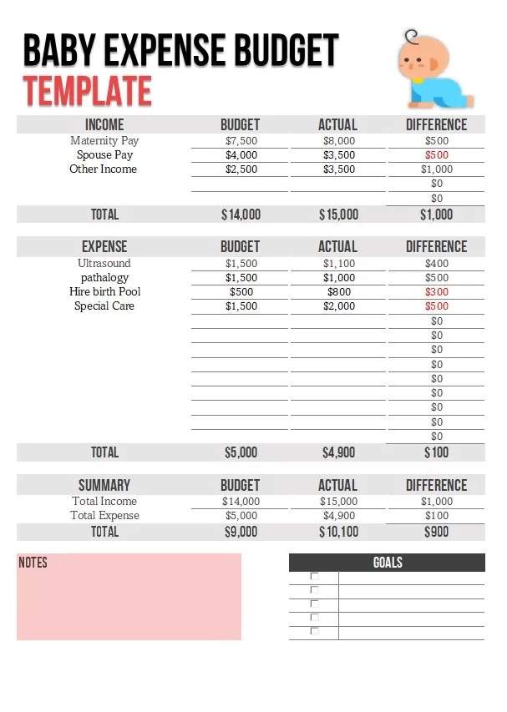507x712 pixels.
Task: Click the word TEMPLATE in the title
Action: (87, 91)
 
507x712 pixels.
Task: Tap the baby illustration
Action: (433, 71)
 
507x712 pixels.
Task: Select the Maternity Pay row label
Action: (104, 140)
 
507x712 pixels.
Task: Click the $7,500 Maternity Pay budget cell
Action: (241, 140)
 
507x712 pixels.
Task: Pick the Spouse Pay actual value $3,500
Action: (338, 154)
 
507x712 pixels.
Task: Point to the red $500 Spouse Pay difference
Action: (436, 154)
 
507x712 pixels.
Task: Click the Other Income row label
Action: (103, 169)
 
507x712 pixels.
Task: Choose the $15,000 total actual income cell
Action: (338, 215)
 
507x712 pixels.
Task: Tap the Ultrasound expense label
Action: (104, 263)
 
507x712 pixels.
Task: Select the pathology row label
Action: (104, 277)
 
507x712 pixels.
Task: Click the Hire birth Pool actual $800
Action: (338, 291)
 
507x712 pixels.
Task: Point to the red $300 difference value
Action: (436, 292)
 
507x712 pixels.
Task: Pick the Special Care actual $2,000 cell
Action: (338, 306)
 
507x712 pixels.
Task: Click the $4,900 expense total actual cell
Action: (338, 452)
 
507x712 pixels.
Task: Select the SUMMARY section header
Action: (104, 485)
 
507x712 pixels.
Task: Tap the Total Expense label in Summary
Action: (105, 515)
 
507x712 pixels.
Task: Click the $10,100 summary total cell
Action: (338, 532)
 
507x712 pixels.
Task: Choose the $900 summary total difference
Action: (436, 532)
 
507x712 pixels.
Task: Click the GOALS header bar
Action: (387, 563)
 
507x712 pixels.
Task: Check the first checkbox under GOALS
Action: (315, 577)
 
